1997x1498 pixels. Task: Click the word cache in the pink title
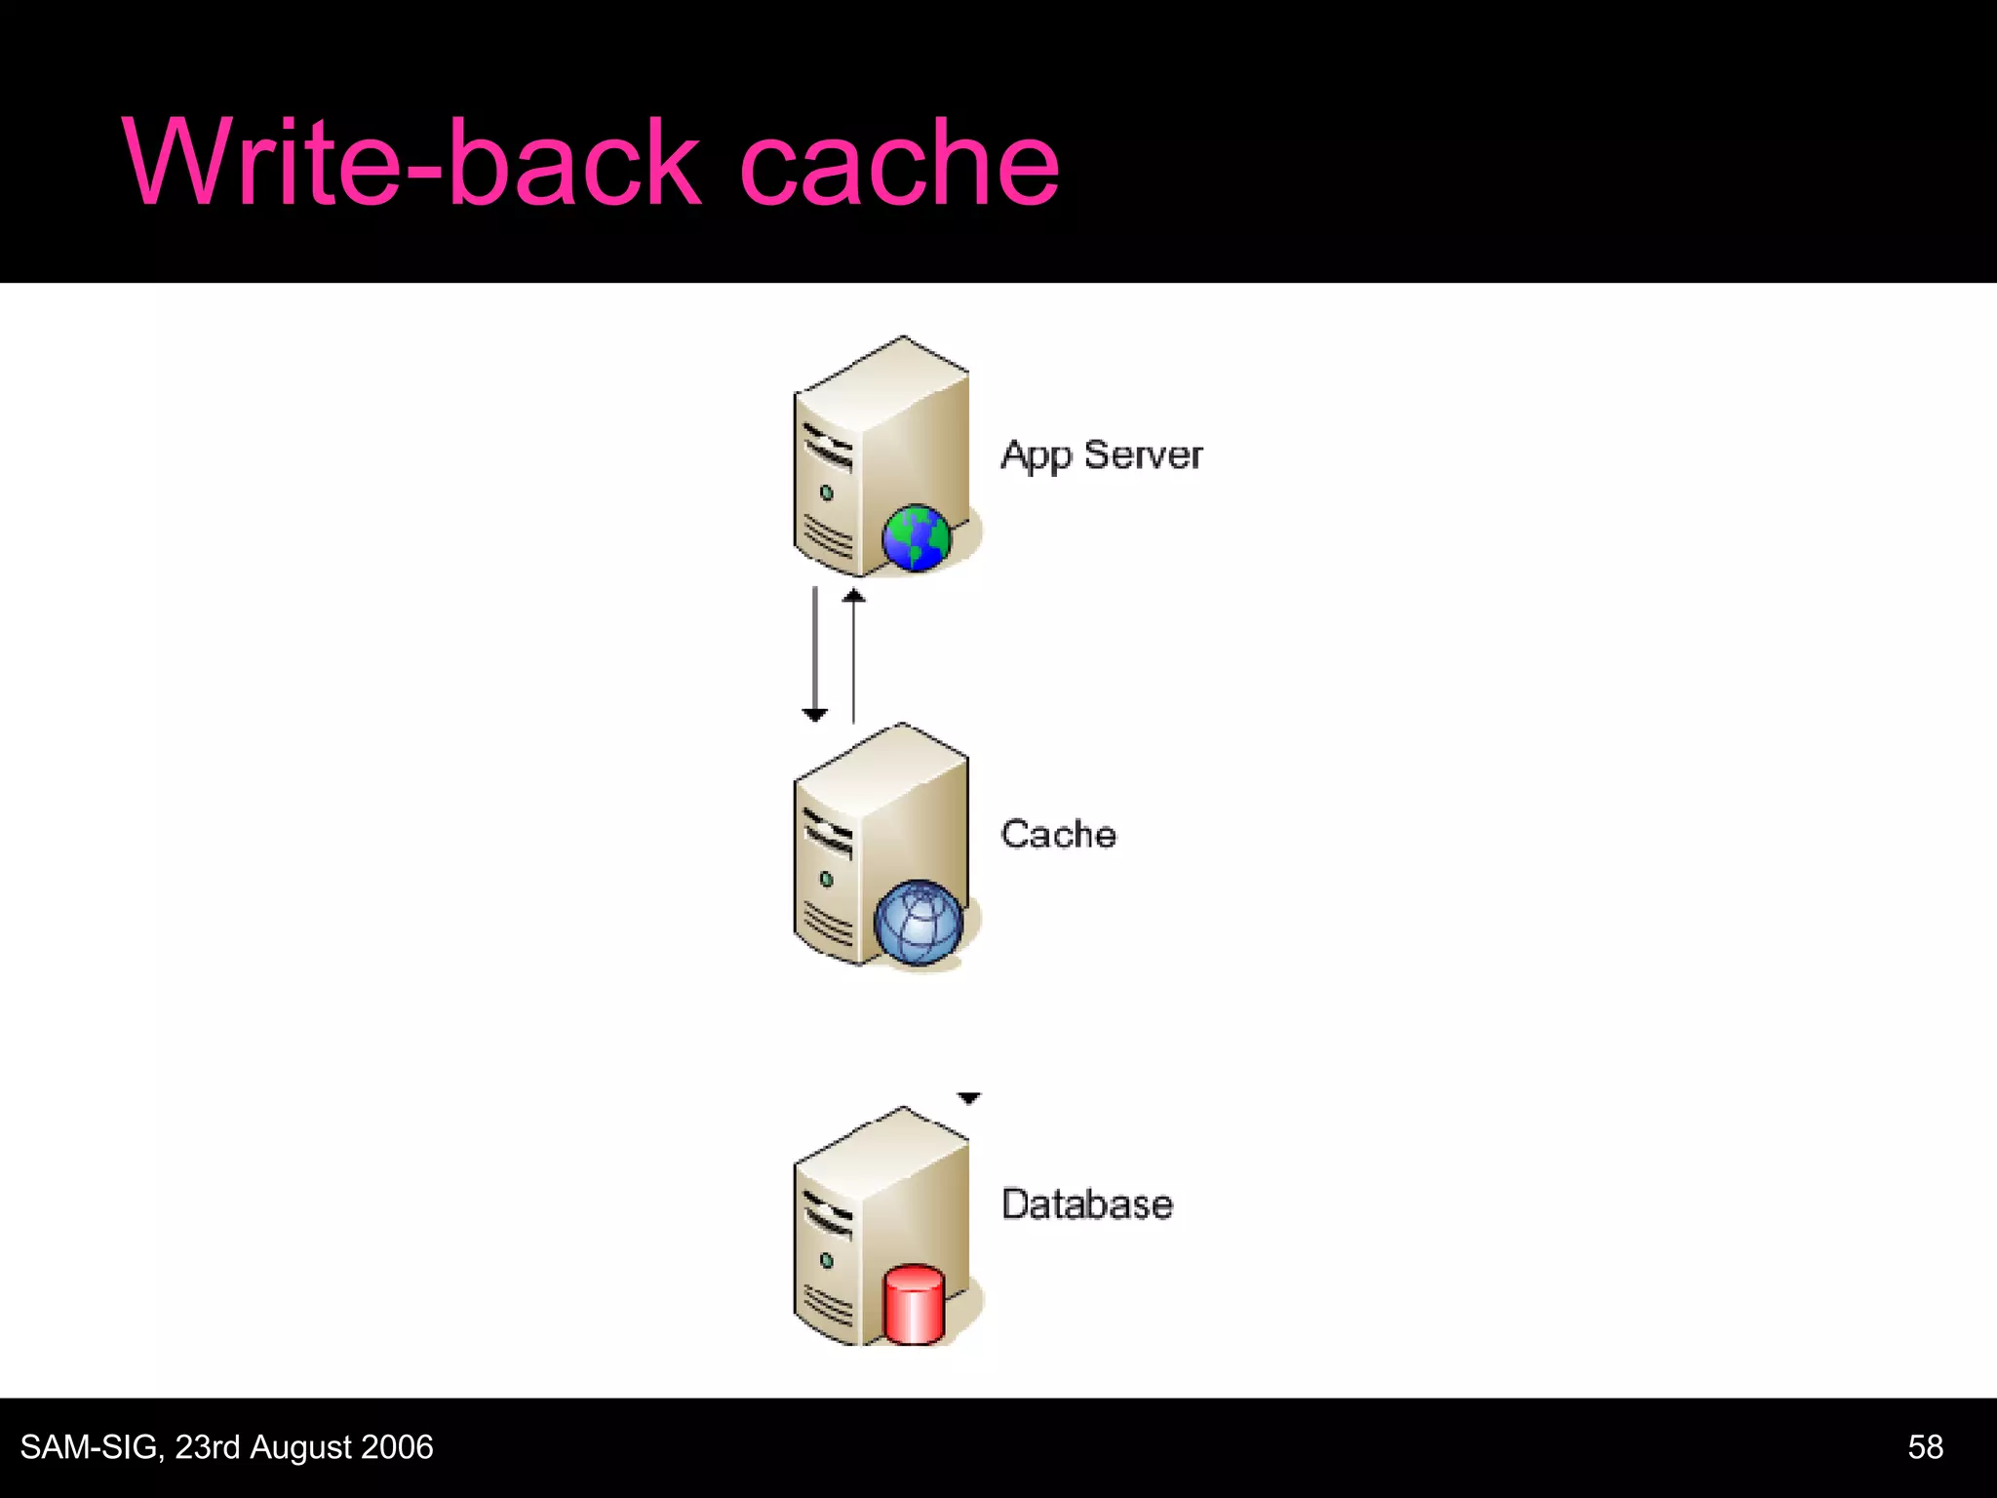click(898, 163)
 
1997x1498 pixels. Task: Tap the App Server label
click(1101, 455)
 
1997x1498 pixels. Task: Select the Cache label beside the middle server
click(1058, 835)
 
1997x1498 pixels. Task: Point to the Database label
click(1086, 1204)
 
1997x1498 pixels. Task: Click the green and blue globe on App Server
click(916, 537)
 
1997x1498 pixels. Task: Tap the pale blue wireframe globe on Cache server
click(918, 922)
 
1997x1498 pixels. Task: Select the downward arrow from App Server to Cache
click(815, 653)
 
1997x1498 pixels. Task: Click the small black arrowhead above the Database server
click(968, 1098)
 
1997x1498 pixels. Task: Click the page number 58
click(1925, 1447)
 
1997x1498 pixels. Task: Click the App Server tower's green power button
click(827, 493)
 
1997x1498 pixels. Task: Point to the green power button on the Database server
click(827, 1261)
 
